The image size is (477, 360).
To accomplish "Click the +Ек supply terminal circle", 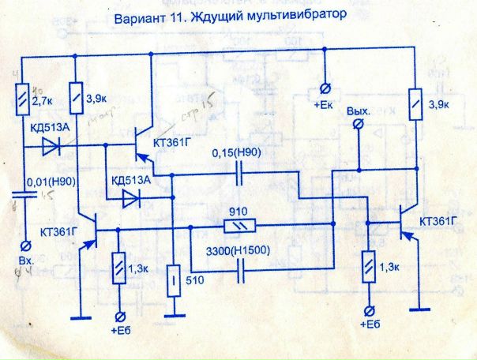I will click(323, 88).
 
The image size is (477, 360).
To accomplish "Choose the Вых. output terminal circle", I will click(360, 124).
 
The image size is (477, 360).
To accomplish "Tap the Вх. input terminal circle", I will click(22, 243).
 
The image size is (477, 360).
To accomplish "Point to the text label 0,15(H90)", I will click(238, 154).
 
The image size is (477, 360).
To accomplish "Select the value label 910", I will click(237, 213).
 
